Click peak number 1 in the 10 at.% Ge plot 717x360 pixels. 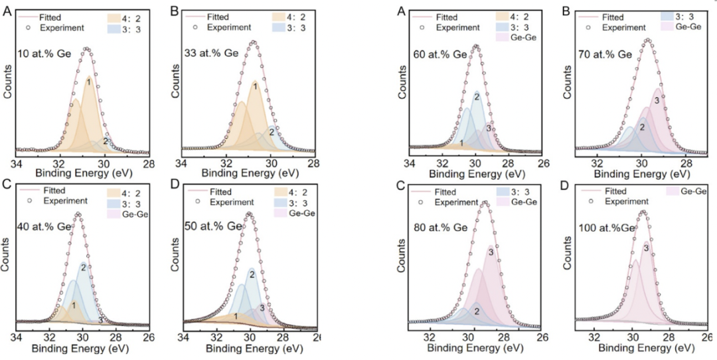[88, 81]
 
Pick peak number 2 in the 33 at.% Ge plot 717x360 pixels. [271, 132]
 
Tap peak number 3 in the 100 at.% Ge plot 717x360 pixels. [646, 248]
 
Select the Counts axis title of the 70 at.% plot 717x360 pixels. [568, 82]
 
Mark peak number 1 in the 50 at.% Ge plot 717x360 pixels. [236, 316]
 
